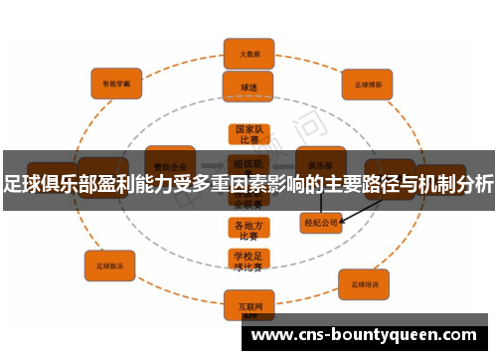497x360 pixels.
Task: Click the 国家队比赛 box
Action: point(248,134)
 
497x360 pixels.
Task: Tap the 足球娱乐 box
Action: point(110,266)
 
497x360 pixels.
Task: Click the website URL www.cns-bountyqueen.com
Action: point(365,335)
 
